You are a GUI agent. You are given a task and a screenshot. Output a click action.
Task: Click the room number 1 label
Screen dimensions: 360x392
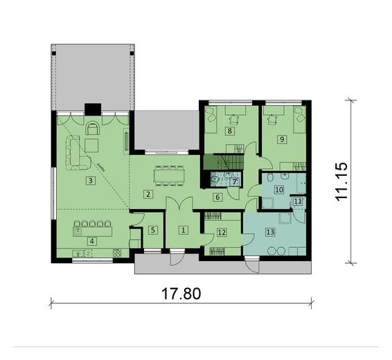click(x=183, y=230)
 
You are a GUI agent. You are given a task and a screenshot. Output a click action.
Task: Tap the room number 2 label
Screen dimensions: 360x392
click(x=148, y=194)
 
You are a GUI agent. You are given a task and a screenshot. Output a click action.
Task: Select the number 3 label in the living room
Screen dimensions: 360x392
click(x=91, y=181)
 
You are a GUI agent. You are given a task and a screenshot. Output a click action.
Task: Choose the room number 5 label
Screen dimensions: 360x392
click(x=154, y=230)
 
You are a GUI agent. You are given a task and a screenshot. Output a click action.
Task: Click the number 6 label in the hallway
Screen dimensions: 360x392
click(x=217, y=197)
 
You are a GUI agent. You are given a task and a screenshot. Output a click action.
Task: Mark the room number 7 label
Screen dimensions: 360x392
click(x=235, y=182)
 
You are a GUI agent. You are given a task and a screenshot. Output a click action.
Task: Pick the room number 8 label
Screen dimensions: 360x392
click(x=229, y=129)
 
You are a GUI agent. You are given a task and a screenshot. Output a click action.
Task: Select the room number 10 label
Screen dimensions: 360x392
click(x=279, y=188)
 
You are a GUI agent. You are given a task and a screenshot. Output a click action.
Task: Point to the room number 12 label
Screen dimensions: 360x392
click(x=220, y=232)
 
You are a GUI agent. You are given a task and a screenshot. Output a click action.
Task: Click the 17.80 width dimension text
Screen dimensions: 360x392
click(x=178, y=293)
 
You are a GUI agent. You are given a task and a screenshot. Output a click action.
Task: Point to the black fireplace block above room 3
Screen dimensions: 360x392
click(x=92, y=108)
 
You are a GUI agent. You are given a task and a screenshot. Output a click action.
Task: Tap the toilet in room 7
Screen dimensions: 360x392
click(x=216, y=180)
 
